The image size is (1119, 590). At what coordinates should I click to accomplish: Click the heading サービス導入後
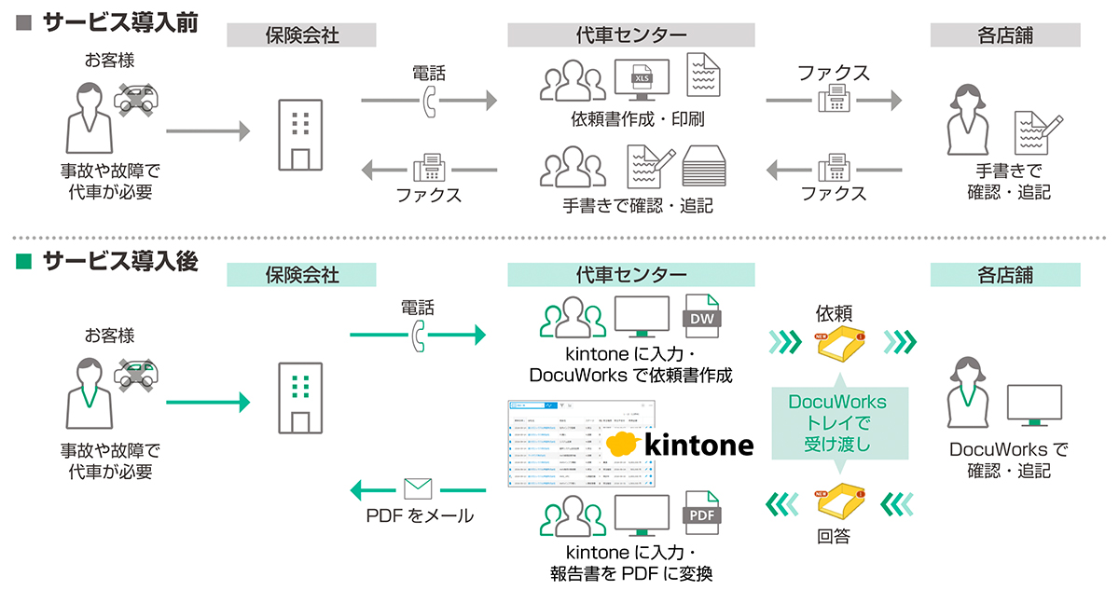(x=119, y=262)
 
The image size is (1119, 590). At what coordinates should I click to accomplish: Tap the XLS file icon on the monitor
(x=642, y=76)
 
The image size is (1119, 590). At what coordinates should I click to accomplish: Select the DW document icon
(x=704, y=317)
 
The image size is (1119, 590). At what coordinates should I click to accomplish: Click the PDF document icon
(x=704, y=513)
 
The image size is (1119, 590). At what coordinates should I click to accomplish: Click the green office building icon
(x=300, y=395)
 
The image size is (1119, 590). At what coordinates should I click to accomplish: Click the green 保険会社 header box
(x=301, y=274)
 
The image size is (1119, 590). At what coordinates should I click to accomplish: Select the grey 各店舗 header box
(x=1005, y=35)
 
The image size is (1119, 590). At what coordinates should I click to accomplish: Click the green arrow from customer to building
(x=208, y=403)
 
